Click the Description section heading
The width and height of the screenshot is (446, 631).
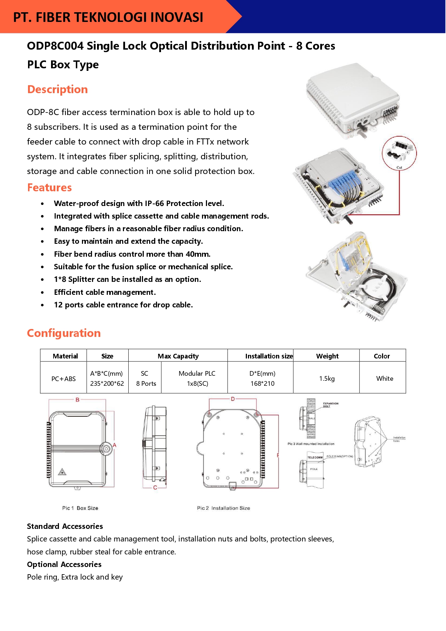(x=58, y=90)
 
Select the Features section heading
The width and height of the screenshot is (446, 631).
(x=50, y=188)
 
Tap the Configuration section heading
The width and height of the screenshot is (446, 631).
(x=64, y=333)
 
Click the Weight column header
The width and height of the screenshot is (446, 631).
(x=327, y=356)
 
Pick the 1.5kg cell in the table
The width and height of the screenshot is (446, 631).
(x=327, y=379)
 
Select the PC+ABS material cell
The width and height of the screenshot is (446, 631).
(x=64, y=379)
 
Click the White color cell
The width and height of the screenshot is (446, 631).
(x=385, y=379)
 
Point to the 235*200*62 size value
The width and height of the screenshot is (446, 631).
(x=107, y=384)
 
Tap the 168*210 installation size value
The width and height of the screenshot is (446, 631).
(x=262, y=384)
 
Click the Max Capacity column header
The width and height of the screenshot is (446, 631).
(x=178, y=356)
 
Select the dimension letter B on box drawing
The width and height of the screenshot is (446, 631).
(x=77, y=400)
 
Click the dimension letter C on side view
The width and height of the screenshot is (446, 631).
(x=155, y=488)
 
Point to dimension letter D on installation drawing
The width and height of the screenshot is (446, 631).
(x=233, y=399)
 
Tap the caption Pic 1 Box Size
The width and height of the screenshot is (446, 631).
(x=80, y=508)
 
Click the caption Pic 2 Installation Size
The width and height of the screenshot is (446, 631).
(x=224, y=508)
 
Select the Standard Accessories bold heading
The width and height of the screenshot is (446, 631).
(x=65, y=526)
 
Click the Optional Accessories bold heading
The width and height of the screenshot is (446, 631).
(x=64, y=564)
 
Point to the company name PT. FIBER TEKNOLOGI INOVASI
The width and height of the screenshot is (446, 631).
(x=108, y=17)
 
